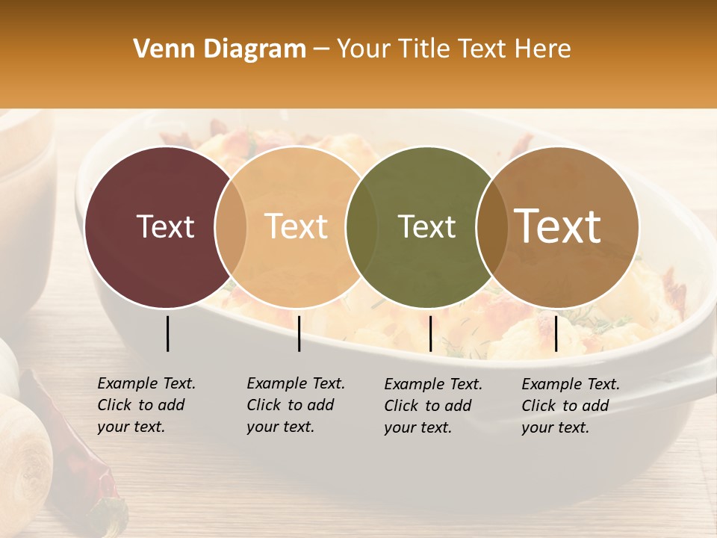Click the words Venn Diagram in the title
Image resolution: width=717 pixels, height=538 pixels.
220,49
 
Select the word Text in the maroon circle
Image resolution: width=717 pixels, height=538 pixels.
165,226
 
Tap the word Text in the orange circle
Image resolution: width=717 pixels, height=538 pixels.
297,226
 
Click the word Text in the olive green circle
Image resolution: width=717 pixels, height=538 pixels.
426,226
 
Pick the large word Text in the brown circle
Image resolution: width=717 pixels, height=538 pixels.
558,226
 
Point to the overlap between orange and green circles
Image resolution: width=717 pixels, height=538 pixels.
360,226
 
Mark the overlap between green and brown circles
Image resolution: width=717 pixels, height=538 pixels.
490,226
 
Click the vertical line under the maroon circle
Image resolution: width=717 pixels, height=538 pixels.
167,333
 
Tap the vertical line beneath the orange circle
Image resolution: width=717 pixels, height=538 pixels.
299,333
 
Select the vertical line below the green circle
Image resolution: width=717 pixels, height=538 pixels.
430,333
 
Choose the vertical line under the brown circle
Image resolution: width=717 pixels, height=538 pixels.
556,333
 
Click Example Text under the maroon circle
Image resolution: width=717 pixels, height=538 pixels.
146,384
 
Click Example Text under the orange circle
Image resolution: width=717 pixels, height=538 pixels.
296,384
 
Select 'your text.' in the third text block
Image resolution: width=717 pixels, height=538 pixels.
418,428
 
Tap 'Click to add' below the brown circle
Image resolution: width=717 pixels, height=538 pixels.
565,406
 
